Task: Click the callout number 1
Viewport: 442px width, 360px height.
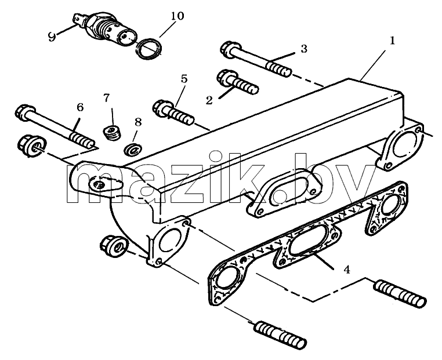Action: point(392,41)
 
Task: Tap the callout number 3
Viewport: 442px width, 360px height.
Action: point(303,49)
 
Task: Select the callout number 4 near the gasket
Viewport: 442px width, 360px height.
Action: point(347,270)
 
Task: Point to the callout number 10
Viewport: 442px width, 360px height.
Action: point(177,16)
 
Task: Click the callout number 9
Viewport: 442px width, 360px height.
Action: point(52,37)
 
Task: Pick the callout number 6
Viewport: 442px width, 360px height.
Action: point(80,107)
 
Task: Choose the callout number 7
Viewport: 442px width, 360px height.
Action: point(106,98)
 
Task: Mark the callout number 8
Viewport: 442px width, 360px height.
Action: point(138,122)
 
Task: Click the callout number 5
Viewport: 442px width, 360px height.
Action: point(184,79)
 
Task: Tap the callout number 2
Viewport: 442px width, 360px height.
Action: point(209,100)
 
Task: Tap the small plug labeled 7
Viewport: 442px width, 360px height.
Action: point(112,132)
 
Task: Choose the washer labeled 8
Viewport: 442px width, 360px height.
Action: point(133,148)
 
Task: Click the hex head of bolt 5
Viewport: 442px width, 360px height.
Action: point(162,108)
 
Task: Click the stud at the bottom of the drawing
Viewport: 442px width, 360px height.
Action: point(280,334)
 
